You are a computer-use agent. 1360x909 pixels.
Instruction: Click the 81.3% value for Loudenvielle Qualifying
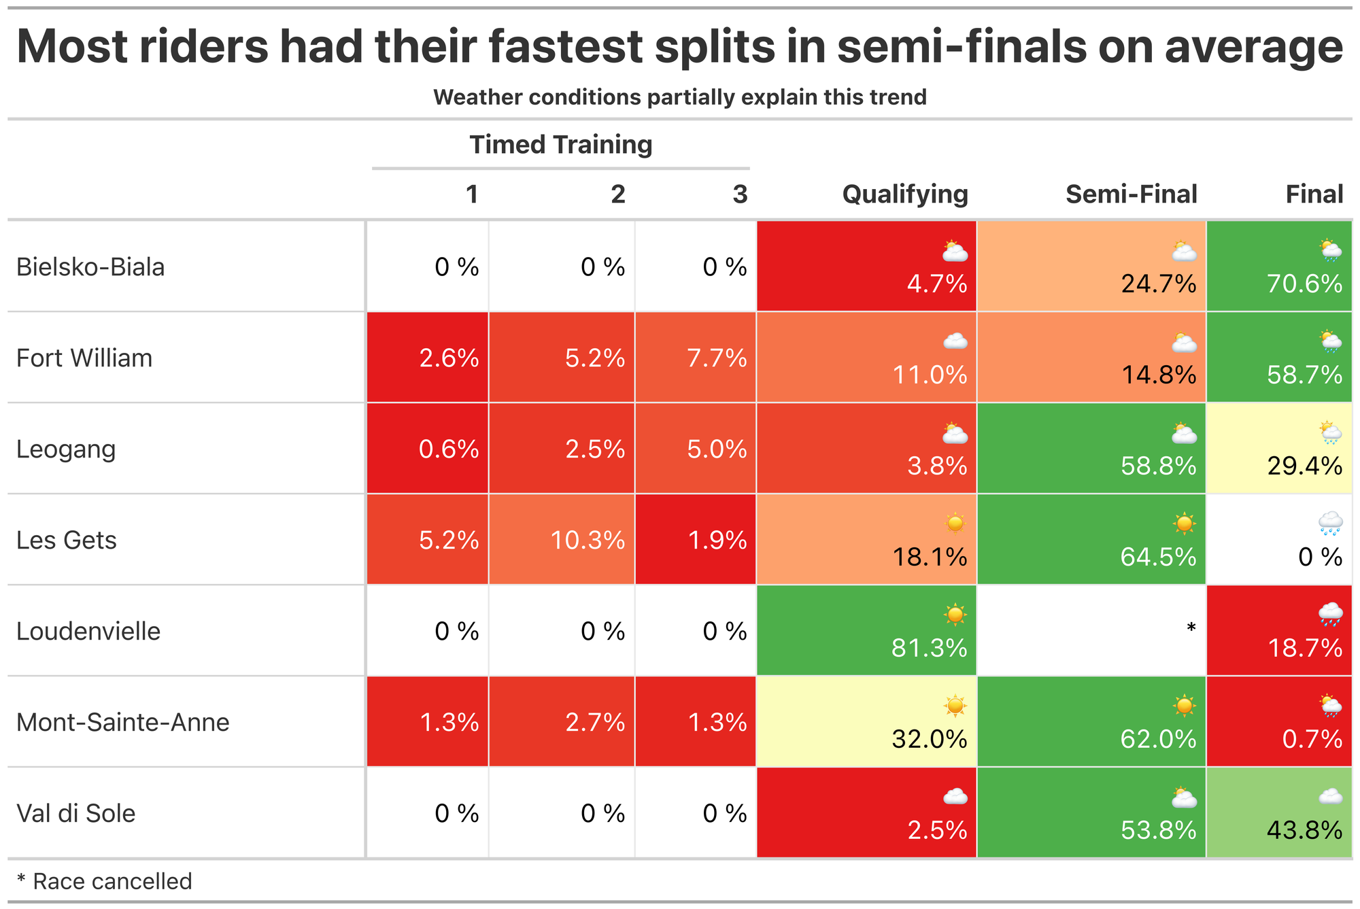[929, 648]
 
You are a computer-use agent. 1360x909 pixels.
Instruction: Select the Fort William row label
[84, 358]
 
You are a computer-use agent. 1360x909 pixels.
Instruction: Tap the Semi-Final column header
[1131, 194]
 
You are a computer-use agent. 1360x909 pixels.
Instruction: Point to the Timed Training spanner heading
[560, 145]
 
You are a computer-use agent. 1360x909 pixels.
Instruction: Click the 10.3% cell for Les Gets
[588, 541]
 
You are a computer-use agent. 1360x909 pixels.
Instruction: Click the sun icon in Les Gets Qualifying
[955, 523]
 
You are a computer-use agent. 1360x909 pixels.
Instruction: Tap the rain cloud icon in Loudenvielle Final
[1330, 614]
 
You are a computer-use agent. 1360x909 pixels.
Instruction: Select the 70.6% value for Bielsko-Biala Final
[1304, 284]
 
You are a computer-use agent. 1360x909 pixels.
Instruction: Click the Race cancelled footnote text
[112, 881]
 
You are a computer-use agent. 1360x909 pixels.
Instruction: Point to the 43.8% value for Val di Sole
[1304, 830]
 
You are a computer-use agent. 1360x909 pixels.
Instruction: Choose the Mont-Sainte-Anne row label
[122, 722]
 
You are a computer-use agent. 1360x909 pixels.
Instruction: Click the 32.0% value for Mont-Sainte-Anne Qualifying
[929, 739]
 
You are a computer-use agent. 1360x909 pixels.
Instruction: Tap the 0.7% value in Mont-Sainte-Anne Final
[1312, 739]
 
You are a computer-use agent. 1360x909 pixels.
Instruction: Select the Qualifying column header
[905, 194]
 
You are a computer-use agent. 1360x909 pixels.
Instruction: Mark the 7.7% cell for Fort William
[717, 358]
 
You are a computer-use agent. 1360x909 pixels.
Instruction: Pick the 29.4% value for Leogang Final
[1304, 466]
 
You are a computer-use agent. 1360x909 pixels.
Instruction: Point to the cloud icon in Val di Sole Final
[1330, 796]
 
